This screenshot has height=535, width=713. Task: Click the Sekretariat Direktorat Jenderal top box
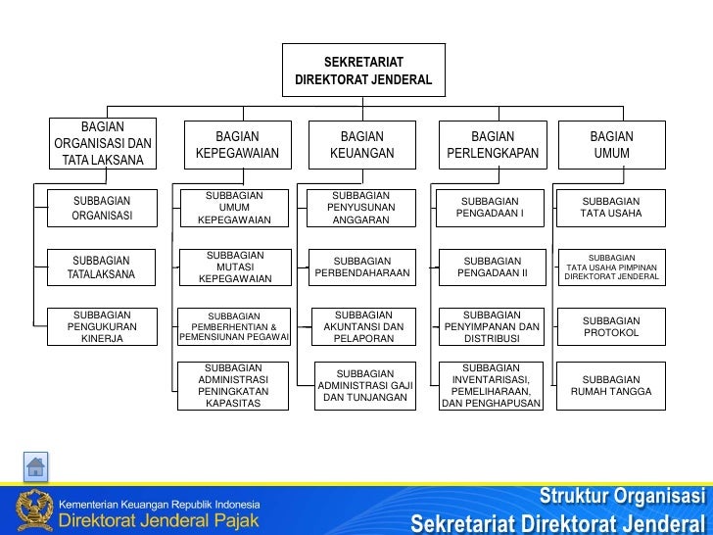click(x=363, y=71)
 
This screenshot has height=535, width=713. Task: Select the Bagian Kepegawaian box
click(x=237, y=145)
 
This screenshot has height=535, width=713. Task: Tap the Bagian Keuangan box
click(x=361, y=145)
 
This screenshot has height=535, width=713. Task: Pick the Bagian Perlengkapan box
click(x=493, y=145)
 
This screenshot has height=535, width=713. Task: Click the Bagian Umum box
click(x=611, y=145)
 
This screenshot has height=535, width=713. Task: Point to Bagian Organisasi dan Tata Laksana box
click(x=103, y=143)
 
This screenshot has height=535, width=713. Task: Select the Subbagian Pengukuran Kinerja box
click(x=101, y=326)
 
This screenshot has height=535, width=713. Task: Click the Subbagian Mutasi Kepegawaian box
click(x=234, y=267)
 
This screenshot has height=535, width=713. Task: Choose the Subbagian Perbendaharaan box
click(x=361, y=267)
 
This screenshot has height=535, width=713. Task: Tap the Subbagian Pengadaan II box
click(x=493, y=267)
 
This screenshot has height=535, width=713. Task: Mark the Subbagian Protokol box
click(x=611, y=326)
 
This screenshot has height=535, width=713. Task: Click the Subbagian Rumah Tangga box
click(x=611, y=386)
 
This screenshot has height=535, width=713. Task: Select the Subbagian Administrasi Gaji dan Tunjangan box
click(x=361, y=386)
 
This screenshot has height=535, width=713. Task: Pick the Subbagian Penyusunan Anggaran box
click(x=361, y=208)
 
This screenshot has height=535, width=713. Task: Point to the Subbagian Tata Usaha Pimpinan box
click(x=611, y=267)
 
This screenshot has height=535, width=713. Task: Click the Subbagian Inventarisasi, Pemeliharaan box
click(x=492, y=386)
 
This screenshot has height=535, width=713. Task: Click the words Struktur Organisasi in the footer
click(x=623, y=494)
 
